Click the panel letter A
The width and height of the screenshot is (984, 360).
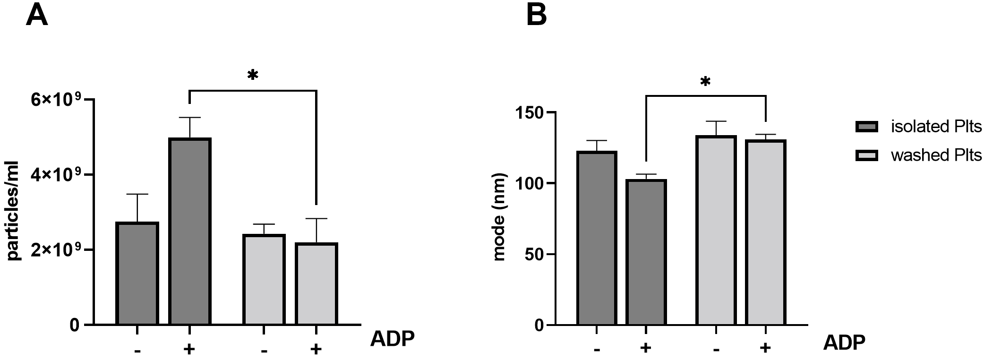coord(36,16)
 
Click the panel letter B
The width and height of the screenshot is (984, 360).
coord(536,16)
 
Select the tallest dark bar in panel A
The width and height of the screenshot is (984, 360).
coord(189,231)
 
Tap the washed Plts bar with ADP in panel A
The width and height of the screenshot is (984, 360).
coord(316,283)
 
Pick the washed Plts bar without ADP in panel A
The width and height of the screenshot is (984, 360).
coord(264,279)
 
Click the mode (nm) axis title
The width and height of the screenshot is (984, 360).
coord(499,217)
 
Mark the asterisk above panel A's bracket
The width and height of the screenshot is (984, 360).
coord(253,75)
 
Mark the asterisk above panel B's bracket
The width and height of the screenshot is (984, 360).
coord(705,82)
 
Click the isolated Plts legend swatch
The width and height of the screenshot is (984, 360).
coord(866,127)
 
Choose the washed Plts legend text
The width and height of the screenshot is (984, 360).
coord(936,155)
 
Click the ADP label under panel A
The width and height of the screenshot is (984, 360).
coord(392,339)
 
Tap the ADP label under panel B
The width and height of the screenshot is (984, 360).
coord(844,343)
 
